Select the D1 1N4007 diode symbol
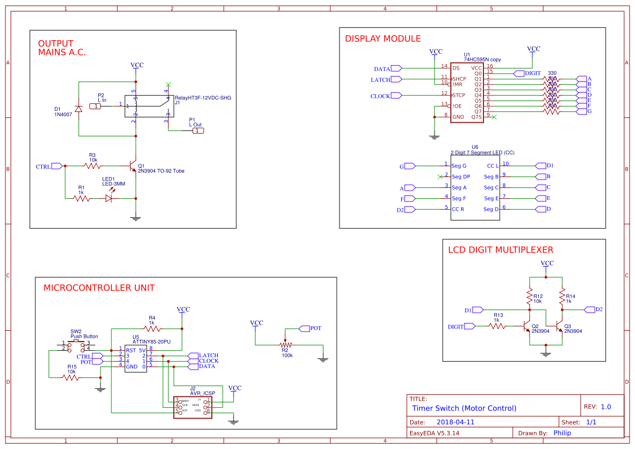(x=79, y=109)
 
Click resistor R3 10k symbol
(x=92, y=166)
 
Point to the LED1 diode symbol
(x=109, y=198)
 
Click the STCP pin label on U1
(x=459, y=96)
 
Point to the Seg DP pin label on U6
(x=461, y=177)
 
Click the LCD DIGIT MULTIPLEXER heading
(x=500, y=250)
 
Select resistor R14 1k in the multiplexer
(x=562, y=296)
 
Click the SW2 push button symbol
(x=76, y=345)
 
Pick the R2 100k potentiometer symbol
(x=284, y=345)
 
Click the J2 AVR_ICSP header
(x=192, y=406)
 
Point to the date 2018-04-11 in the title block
(x=455, y=422)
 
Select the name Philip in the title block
(x=565, y=433)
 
